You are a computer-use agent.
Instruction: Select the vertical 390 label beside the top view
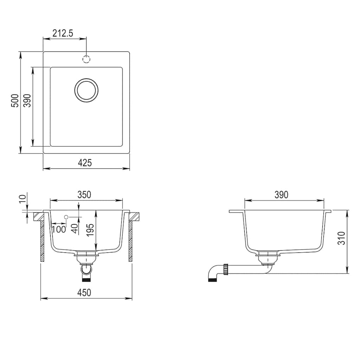point(27,101)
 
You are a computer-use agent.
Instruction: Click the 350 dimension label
point(84,194)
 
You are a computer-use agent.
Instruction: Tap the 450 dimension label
point(84,292)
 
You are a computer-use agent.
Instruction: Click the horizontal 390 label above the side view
point(281,194)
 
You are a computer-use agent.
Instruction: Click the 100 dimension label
point(59,230)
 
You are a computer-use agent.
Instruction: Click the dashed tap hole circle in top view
point(86,59)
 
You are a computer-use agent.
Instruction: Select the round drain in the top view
point(86,90)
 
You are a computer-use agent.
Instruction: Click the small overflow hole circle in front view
point(66,217)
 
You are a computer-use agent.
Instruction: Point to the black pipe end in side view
point(212,280)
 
